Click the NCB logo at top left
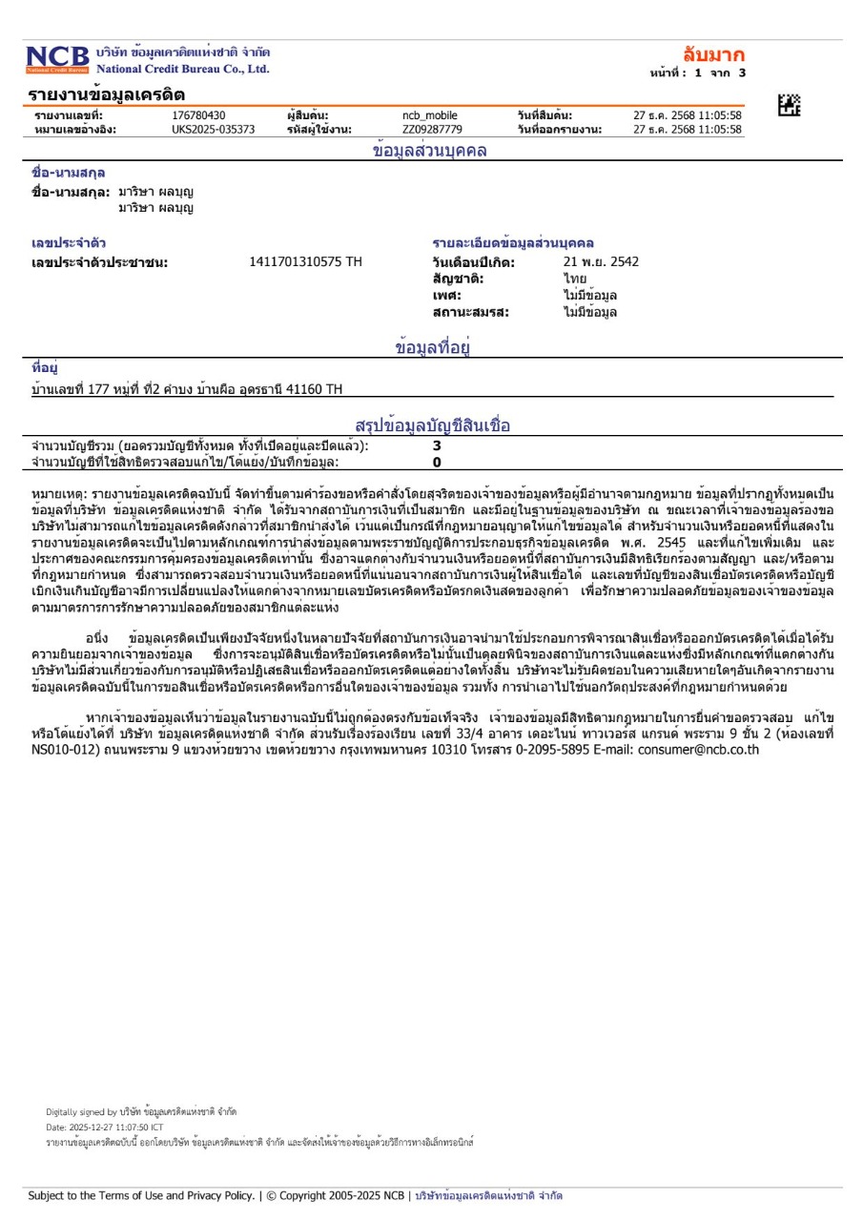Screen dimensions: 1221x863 click(57, 59)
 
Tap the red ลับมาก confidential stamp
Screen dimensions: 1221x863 click(714, 54)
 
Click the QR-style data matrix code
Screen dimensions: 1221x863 click(789, 106)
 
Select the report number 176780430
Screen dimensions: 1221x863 click(198, 115)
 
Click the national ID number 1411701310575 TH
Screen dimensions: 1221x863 click(305, 261)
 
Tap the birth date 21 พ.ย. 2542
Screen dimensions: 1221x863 click(601, 261)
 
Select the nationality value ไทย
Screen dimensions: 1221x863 click(575, 279)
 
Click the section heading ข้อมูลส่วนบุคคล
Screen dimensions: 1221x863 click(430, 151)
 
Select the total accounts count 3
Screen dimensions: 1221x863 click(437, 445)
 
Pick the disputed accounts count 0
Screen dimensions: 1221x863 click(437, 462)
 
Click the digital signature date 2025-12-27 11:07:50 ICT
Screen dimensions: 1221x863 click(114, 1127)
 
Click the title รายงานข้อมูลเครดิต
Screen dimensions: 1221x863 click(107, 94)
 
